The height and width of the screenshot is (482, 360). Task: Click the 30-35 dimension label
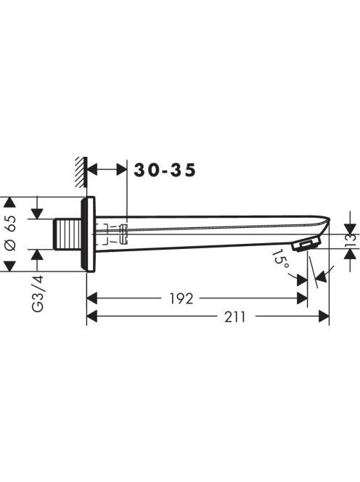(165, 170)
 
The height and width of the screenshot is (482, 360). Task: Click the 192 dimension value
(181, 298)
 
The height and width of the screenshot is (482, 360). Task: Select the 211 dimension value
(235, 316)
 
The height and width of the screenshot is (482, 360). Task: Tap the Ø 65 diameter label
(11, 233)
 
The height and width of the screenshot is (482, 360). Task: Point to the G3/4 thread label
(38, 294)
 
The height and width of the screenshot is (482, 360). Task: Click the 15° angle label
(280, 259)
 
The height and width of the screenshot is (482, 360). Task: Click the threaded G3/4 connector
(67, 234)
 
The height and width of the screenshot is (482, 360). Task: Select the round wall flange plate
(88, 234)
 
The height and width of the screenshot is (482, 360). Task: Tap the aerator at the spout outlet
(306, 245)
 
